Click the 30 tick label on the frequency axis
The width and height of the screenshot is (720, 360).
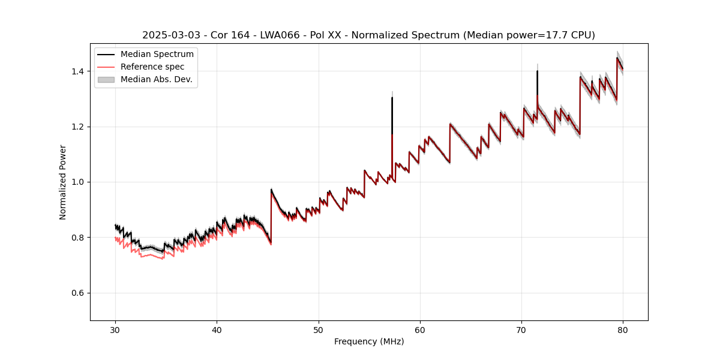115,329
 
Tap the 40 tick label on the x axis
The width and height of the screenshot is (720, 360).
217,329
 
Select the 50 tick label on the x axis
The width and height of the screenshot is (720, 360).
319,329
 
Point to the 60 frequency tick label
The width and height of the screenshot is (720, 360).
420,329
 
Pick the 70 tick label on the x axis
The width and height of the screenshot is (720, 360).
521,329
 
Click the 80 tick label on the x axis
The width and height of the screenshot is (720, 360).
623,329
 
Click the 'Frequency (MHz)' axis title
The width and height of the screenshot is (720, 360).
369,341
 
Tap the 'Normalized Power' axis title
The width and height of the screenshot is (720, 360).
63,182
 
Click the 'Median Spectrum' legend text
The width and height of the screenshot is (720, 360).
157,55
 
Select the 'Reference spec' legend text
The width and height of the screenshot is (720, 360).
152,67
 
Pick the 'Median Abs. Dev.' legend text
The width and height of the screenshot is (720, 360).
157,79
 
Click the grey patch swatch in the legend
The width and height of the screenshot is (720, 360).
107,79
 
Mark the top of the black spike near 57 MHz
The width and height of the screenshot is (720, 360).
392,98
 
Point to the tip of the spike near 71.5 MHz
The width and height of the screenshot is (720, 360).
537,71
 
